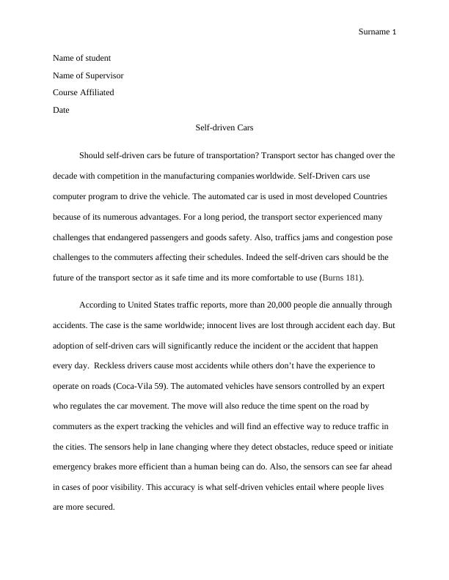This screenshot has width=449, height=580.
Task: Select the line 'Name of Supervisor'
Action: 88,75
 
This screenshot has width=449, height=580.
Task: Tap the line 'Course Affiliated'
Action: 83,93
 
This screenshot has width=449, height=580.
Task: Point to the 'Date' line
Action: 61,111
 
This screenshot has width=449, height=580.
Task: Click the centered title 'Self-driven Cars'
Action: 224,127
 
